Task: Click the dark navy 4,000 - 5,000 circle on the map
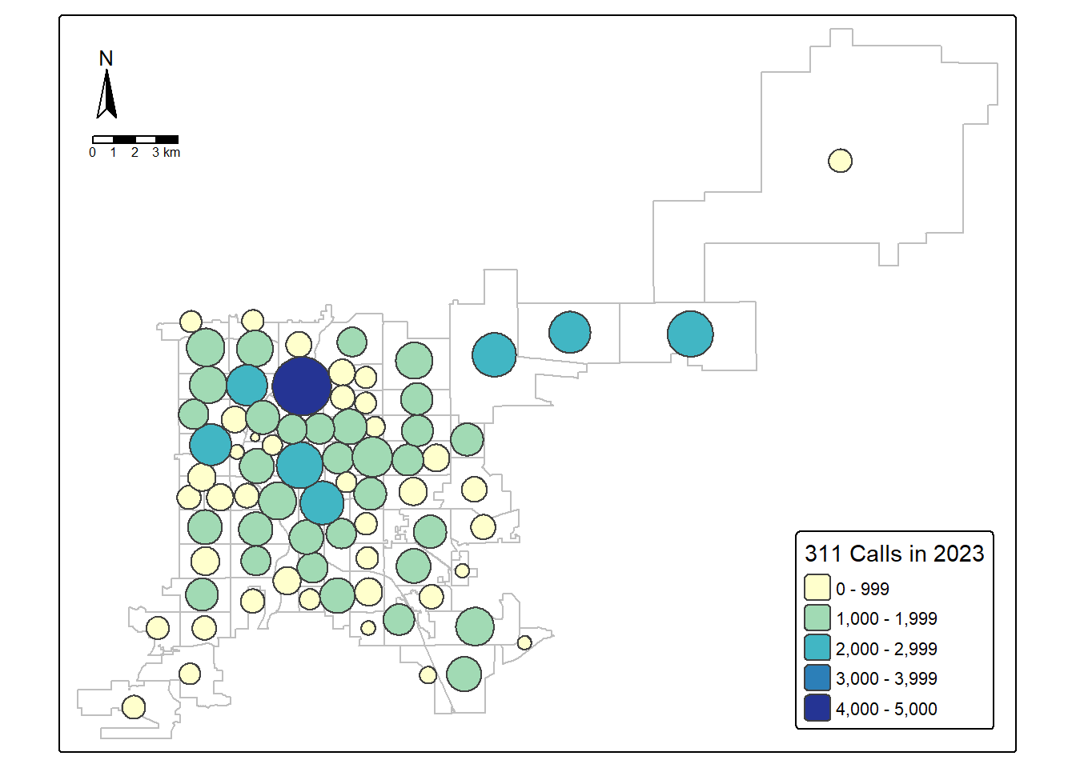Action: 302,386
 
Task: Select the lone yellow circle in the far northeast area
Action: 840,161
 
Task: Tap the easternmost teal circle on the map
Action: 690,334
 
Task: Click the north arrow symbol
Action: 106,94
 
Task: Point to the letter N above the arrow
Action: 106,58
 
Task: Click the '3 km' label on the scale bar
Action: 167,153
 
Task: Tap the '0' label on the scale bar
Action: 93,153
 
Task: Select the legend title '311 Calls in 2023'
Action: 894,554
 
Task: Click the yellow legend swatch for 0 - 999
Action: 817,588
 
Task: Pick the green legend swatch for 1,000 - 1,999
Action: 817,618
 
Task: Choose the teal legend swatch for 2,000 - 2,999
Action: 817,648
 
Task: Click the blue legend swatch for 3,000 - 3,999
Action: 817,678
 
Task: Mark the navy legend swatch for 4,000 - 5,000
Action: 817,708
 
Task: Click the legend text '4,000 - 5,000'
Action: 886,709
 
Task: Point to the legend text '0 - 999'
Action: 862,589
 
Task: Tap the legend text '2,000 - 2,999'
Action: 886,649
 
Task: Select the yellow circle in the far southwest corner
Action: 134,707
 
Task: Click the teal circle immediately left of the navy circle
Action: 247,385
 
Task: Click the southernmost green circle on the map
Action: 464,674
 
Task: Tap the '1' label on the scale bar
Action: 114,153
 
